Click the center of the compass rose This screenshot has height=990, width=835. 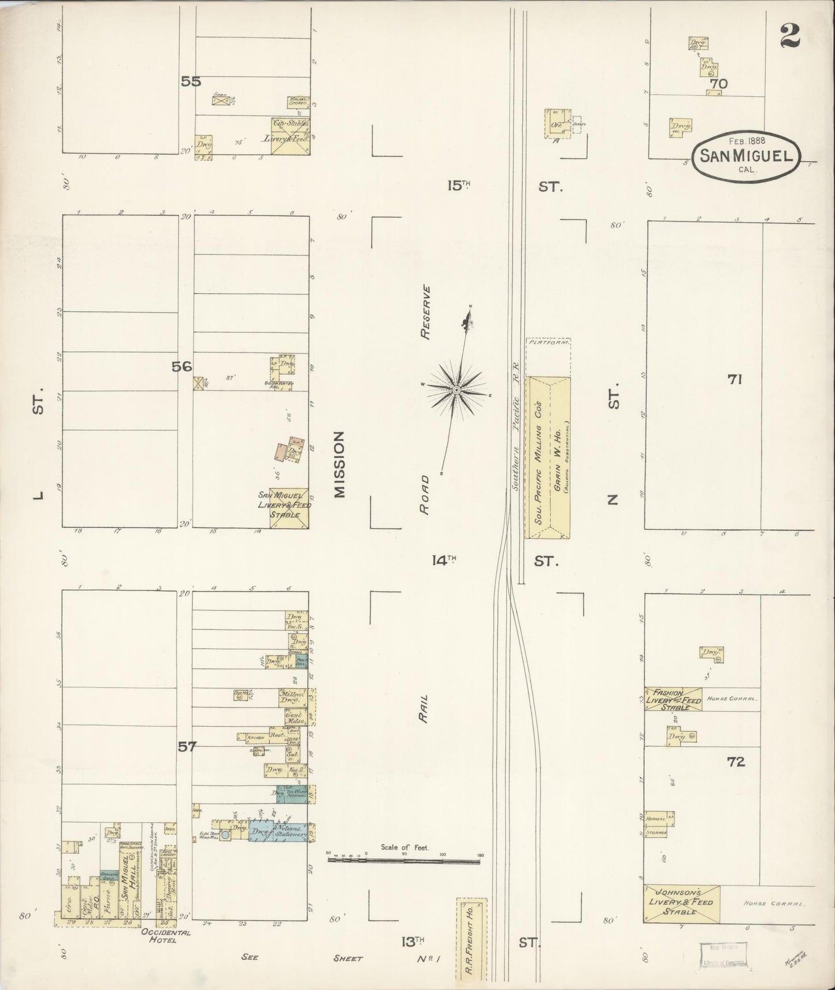457,390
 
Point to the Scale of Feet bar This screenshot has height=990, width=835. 403,861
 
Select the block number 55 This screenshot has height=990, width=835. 190,82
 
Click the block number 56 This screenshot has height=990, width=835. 181,366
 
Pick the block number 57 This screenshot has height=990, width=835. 187,747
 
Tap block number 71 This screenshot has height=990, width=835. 735,379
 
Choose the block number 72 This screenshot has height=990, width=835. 736,762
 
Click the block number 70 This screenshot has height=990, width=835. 719,84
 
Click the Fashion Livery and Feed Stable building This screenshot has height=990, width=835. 673,699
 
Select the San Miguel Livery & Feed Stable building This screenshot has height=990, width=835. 289,508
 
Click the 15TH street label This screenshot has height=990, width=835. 459,186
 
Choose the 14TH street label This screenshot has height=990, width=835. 444,560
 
